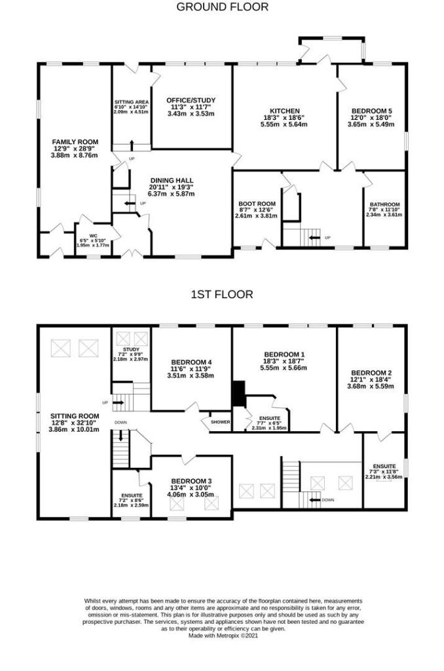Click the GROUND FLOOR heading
point(222,7)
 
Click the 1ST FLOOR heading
point(221,295)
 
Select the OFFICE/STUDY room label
point(191,100)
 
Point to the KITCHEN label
point(286,111)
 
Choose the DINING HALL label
point(172,180)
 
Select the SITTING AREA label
point(132,102)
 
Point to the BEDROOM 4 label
point(191,362)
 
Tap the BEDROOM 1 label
point(285,355)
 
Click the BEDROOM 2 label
point(371,373)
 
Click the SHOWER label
point(220,422)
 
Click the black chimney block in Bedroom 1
point(238,394)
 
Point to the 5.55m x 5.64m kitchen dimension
point(286,124)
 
